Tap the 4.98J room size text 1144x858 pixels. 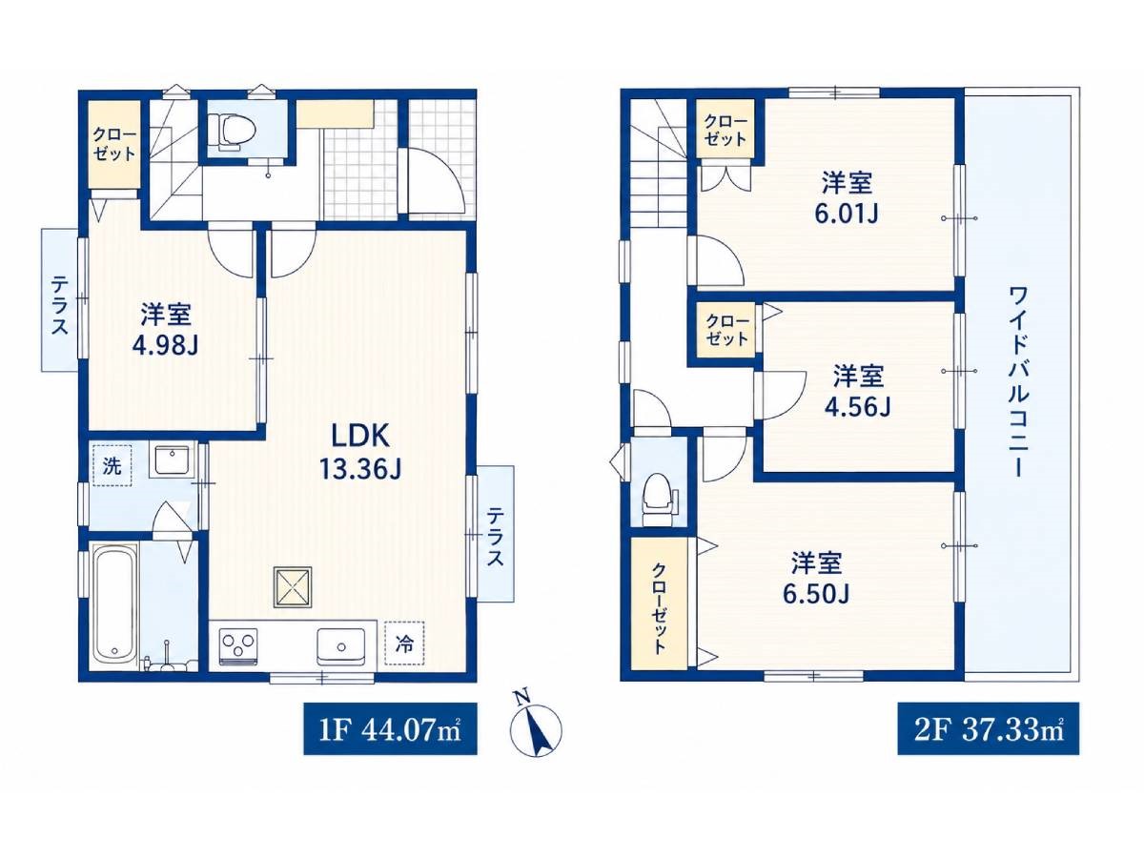(166, 344)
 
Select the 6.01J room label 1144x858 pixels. (847, 214)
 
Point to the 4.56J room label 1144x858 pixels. (857, 407)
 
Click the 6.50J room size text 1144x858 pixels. (816, 594)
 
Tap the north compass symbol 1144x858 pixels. (535, 727)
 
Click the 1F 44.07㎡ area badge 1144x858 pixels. (390, 730)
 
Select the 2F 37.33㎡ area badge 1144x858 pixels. (989, 730)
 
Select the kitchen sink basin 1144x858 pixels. (341, 646)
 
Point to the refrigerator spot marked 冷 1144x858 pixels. (404, 643)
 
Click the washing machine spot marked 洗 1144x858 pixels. (112, 465)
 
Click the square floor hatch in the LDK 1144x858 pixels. (293, 587)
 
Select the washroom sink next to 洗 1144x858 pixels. (171, 459)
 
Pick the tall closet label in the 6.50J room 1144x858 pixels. (658, 608)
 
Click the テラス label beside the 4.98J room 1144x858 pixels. (59, 306)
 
